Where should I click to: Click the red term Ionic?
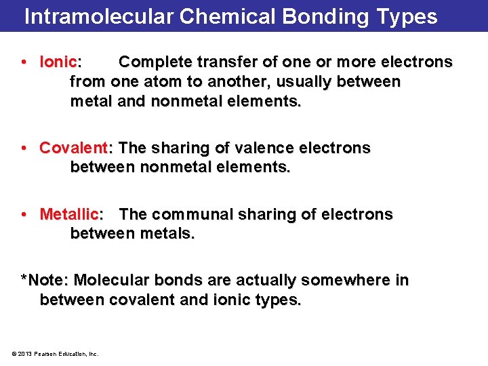(x=59, y=62)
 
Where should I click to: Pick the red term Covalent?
(x=73, y=148)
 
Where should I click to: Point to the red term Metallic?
(x=69, y=215)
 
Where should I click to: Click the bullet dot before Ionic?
(x=24, y=62)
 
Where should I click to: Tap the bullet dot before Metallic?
(x=24, y=215)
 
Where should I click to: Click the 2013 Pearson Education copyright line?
(x=56, y=353)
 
